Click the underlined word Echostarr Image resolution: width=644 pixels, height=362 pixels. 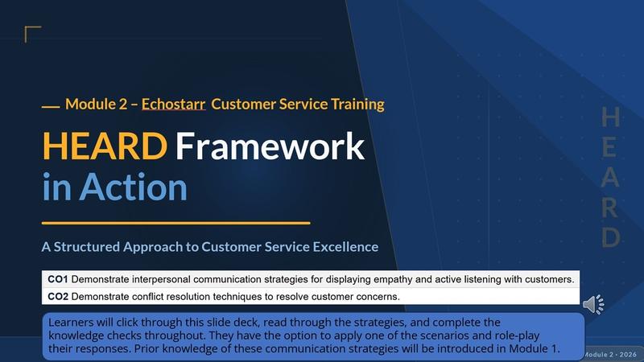pos(173,105)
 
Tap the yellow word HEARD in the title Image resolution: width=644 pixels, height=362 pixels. pos(105,146)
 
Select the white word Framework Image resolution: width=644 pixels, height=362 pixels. pos(270,146)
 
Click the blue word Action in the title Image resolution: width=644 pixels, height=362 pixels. pos(133,187)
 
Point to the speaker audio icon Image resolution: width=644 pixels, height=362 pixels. pos(593,304)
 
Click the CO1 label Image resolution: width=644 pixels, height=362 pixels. pos(58,279)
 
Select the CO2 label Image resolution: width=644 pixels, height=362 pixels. pos(58,297)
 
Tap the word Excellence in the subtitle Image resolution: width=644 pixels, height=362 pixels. pos(345,247)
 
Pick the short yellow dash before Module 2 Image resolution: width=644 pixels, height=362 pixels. pos(51,107)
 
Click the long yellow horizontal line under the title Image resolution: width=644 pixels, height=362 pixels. pos(175,224)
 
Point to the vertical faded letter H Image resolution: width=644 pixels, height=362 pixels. pos(610,117)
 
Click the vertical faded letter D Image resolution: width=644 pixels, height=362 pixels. pos(610,237)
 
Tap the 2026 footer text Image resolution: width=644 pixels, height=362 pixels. pos(628,354)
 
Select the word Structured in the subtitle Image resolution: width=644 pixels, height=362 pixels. pos(87,247)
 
